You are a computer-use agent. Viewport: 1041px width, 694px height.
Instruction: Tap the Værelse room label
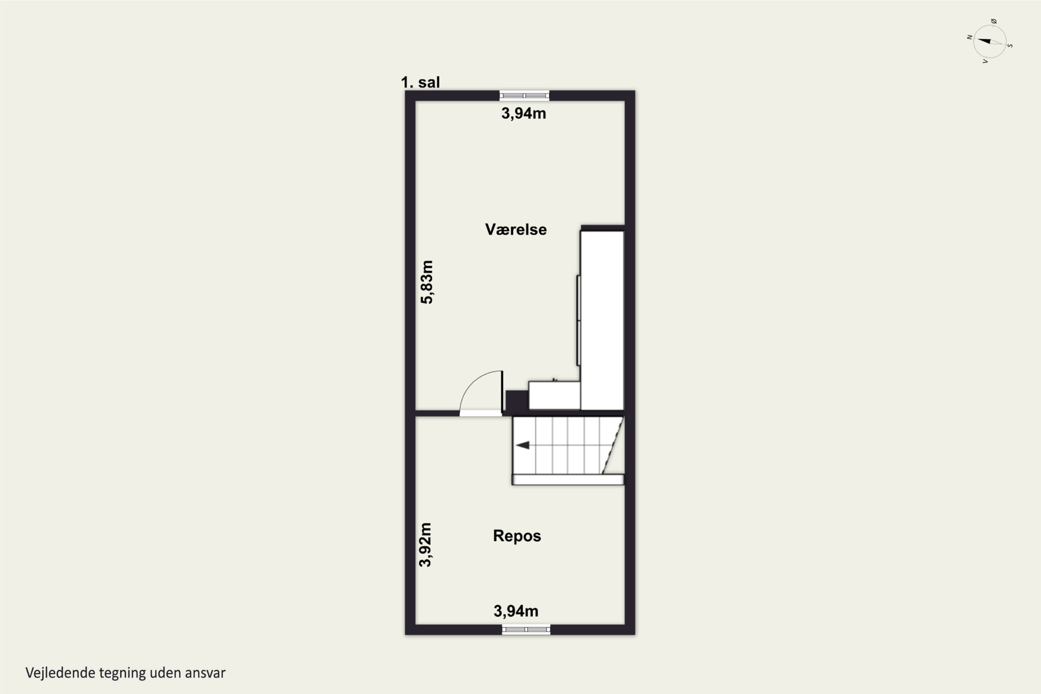[x=516, y=229]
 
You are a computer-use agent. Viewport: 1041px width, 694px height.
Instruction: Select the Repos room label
[x=517, y=536]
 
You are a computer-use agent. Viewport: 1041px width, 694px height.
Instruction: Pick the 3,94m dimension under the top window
[x=524, y=113]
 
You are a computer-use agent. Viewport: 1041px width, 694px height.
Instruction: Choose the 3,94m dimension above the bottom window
[x=516, y=611]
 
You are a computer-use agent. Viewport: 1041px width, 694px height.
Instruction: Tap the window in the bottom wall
[x=526, y=629]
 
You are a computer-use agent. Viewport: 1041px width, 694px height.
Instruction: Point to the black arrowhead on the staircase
[x=522, y=445]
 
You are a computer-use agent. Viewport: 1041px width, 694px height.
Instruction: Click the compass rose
[x=990, y=42]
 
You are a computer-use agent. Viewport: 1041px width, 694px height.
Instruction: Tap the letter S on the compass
[x=1010, y=45]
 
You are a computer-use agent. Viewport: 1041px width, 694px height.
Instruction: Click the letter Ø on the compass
[x=994, y=21]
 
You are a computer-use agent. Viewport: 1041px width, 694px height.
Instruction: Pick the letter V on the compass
[x=985, y=61]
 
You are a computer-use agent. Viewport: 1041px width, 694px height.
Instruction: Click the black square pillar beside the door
[x=517, y=401]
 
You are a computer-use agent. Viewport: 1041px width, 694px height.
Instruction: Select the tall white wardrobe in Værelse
[x=602, y=320]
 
